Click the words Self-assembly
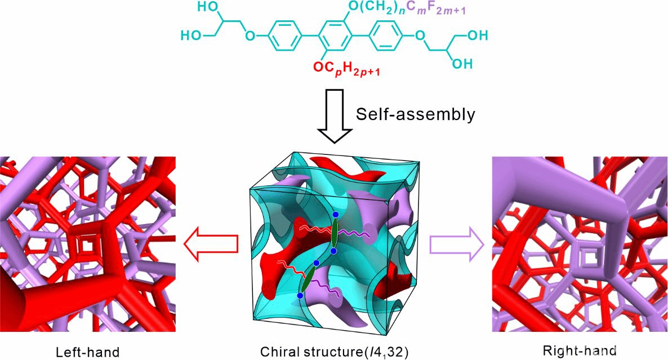tap(415, 114)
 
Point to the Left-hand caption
tap(87, 352)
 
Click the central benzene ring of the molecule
tap(334, 37)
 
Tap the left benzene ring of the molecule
tap(286, 37)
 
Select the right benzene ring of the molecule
tap(383, 37)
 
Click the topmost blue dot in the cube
tap(336, 215)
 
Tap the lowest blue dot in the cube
tap(300, 295)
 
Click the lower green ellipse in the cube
tap(308, 279)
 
